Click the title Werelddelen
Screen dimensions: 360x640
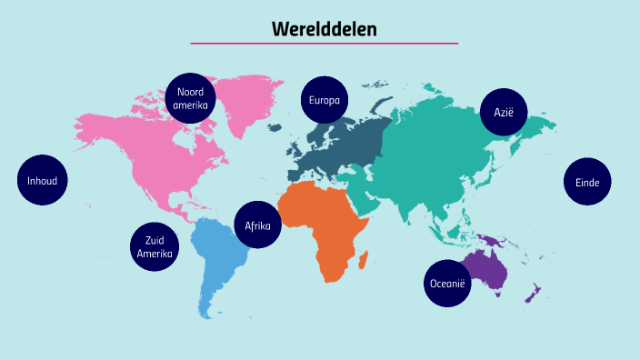[x=324, y=28]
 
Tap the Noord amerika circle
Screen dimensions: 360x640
[x=191, y=98]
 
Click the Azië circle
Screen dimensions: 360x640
[x=504, y=112]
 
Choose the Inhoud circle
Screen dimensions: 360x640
[x=42, y=181]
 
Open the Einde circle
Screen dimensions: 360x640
[x=587, y=182]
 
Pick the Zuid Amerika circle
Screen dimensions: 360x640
[x=155, y=246]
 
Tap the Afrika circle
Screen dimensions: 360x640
[x=257, y=225]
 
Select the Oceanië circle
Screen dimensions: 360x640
[x=446, y=284]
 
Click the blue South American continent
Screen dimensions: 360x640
[x=218, y=259]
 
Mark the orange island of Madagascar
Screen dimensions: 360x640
[x=363, y=261]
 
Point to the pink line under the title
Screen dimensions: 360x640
[x=324, y=43]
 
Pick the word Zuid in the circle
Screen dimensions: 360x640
[x=155, y=240]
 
